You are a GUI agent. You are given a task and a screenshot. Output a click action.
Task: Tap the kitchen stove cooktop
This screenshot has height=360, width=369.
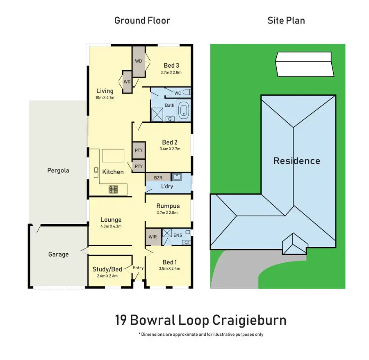coord(114,189)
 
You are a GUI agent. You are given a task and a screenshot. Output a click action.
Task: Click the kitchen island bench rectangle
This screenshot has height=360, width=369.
coord(113,156)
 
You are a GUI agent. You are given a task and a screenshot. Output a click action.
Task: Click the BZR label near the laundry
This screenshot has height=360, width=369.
coord(158,177)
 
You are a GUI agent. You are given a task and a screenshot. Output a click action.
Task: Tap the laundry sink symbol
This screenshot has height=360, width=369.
coord(177,177)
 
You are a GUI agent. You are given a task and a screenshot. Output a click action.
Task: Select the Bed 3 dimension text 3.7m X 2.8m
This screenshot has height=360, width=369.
coord(171,72)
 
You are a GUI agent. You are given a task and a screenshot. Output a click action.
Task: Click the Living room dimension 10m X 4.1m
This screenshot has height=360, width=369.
coord(105,98)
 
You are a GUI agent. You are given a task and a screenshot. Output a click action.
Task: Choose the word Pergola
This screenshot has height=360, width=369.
coord(58,170)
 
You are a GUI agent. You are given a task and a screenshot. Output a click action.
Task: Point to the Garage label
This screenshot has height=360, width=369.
coord(58,254)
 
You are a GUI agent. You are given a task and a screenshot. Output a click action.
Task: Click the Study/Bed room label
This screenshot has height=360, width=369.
coord(107,269)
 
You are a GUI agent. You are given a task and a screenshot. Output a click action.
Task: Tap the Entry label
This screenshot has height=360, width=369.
coord(138,268)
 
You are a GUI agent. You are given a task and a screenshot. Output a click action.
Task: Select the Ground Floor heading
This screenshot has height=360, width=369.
coord(142,21)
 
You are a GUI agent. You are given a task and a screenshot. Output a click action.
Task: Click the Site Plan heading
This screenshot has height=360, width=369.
coord(286,21)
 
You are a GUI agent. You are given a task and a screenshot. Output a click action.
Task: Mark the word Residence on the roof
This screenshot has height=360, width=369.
coord(297,161)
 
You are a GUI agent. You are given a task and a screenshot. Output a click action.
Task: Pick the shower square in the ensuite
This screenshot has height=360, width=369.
coord(167,233)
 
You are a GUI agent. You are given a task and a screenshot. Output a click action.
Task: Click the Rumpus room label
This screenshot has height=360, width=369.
coord(168,206)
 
